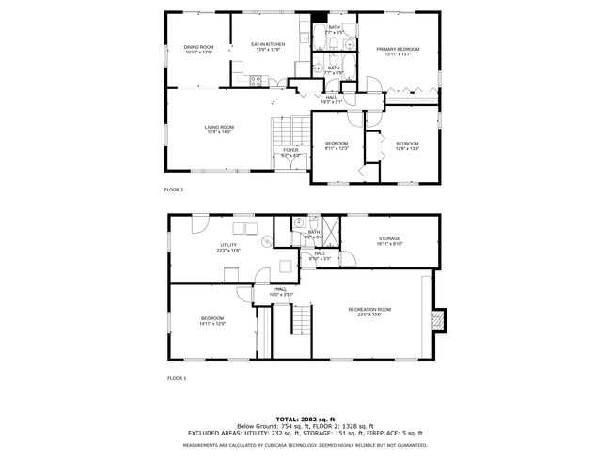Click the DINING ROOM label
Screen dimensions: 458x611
point(198,48)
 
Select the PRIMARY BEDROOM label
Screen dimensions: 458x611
point(398,49)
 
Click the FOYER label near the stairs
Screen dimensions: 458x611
point(290,150)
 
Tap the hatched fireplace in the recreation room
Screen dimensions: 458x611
point(437,321)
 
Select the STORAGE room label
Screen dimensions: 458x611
point(389,239)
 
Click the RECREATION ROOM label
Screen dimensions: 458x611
point(369,309)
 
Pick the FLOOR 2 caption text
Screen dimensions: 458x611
point(174,190)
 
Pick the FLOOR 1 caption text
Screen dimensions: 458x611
point(177,378)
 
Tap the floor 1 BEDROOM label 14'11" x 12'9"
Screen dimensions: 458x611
point(212,321)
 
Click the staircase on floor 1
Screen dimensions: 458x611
point(300,321)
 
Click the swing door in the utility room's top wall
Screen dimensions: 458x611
point(200,222)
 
